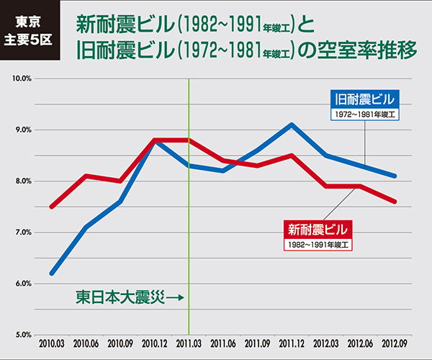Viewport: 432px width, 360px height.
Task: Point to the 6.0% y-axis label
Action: [19, 284]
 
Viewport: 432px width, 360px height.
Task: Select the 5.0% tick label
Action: [19, 335]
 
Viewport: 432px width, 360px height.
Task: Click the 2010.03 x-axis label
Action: [52, 344]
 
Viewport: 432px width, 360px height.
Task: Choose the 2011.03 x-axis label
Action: [188, 344]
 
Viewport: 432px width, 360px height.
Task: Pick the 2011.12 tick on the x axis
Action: [292, 344]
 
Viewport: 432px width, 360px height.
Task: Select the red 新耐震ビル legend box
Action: [318, 230]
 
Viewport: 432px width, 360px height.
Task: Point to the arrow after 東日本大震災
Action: [175, 297]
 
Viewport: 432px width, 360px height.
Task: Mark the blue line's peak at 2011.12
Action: [292, 125]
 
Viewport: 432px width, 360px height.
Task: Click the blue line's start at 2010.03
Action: [52, 274]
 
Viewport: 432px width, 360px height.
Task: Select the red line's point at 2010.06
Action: [86, 176]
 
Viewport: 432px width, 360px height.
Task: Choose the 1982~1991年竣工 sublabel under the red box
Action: [318, 245]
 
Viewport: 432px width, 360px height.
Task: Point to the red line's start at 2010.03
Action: [52, 207]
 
